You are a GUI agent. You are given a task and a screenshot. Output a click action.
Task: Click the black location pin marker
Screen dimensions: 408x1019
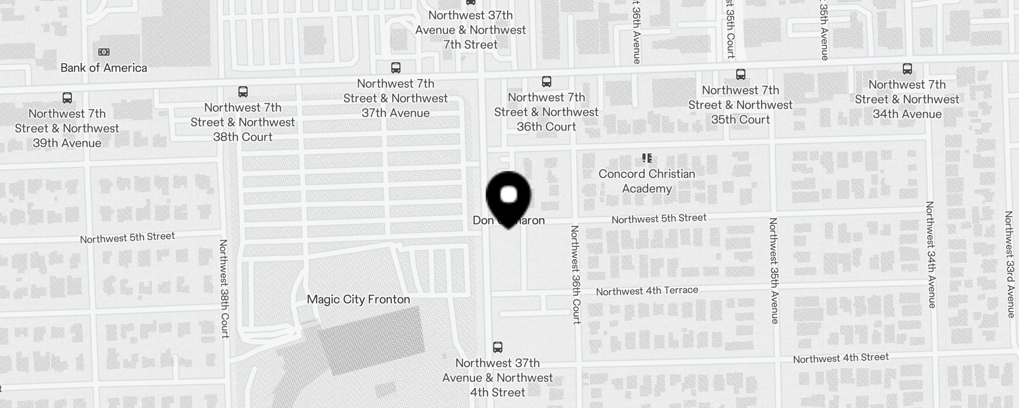(x=508, y=198)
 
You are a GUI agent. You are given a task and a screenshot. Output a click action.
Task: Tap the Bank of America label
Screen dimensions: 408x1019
(x=103, y=68)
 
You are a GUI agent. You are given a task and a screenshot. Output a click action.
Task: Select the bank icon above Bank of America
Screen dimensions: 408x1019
(x=103, y=52)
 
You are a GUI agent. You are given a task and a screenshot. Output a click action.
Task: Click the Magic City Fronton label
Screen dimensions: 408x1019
(x=358, y=299)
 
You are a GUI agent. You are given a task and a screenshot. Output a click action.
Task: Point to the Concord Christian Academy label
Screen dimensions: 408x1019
(x=647, y=181)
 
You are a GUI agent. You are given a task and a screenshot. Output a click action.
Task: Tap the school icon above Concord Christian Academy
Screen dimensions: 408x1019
(x=647, y=158)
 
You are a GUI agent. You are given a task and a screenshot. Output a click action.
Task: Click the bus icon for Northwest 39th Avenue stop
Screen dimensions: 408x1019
(x=67, y=98)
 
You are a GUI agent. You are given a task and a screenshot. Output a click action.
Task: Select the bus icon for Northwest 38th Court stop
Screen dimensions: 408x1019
(x=243, y=92)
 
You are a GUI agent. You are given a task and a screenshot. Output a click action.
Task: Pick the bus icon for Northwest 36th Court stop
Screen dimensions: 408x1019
(x=546, y=82)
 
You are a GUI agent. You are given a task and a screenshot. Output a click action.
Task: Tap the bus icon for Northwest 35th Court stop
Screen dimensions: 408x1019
(x=740, y=74)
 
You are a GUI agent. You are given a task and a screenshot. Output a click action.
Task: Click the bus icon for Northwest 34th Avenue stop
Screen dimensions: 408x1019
(x=907, y=69)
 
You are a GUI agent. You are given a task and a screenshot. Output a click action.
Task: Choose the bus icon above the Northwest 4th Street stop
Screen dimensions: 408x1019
(x=497, y=347)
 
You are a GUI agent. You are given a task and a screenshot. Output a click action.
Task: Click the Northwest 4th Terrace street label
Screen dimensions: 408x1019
(x=647, y=291)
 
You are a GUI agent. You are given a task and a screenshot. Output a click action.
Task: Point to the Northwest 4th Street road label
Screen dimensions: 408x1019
(x=841, y=358)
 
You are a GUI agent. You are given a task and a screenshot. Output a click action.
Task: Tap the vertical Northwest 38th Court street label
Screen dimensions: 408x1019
(x=224, y=288)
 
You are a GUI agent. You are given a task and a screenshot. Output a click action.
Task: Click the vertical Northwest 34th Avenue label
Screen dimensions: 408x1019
(x=930, y=254)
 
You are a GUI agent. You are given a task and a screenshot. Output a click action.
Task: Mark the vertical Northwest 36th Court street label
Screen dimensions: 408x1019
(x=575, y=274)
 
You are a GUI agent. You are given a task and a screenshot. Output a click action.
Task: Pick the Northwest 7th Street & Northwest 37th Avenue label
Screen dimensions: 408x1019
(x=395, y=98)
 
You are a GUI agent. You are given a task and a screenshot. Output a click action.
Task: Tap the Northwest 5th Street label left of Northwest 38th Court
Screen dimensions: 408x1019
(x=127, y=238)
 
